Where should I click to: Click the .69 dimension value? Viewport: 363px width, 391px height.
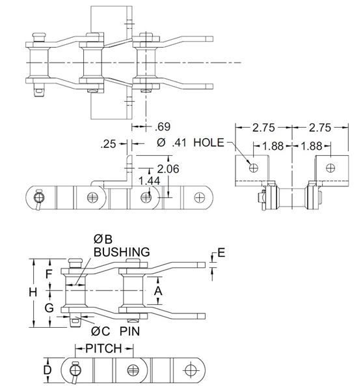[163, 126]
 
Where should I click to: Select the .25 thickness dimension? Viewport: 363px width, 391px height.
[108, 144]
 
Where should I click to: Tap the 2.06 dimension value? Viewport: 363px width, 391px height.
[168, 169]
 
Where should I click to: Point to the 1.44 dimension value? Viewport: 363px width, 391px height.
[149, 181]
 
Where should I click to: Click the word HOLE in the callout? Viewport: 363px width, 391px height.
[209, 143]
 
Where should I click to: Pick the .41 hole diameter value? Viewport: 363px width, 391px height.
[179, 143]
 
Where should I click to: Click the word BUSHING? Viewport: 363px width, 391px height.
[122, 252]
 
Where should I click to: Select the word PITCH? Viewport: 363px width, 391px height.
[104, 348]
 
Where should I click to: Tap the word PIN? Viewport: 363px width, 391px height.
[129, 331]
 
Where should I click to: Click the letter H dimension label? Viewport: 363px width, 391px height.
[33, 292]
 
